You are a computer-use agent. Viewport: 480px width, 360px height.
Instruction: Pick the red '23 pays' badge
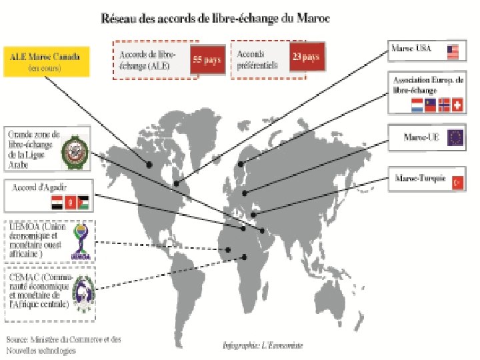[306, 58]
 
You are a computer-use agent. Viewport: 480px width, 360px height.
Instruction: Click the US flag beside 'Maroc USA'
[454, 51]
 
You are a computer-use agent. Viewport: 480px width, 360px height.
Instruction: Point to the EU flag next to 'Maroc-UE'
[457, 137]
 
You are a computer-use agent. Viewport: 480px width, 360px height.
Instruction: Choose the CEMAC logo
[83, 292]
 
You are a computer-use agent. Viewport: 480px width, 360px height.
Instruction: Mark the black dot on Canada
[149, 164]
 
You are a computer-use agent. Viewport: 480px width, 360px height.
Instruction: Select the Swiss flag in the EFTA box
[457, 105]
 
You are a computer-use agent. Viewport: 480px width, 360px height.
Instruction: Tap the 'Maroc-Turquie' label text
[419, 179]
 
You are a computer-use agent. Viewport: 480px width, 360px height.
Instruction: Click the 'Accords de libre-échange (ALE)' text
[146, 60]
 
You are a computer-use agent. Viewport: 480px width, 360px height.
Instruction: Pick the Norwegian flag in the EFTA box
[443, 105]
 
